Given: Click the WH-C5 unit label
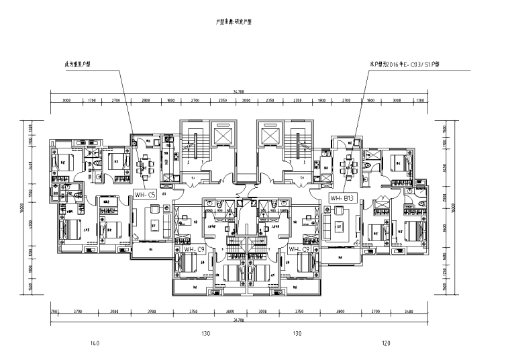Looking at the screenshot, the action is pyautogui.click(x=146, y=195).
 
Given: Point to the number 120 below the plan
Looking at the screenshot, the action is pyautogui.click(x=385, y=344).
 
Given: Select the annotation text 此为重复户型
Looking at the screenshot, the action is pyautogui.click(x=78, y=64).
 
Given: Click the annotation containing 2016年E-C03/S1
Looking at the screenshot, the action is pyautogui.click(x=408, y=64).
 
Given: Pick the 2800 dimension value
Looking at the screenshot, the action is pyautogui.click(x=146, y=101).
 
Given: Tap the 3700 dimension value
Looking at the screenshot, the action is pyautogui.click(x=77, y=312).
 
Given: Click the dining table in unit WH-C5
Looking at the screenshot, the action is pyautogui.click(x=142, y=165).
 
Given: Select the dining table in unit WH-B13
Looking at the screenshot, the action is pyautogui.click(x=348, y=165).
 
